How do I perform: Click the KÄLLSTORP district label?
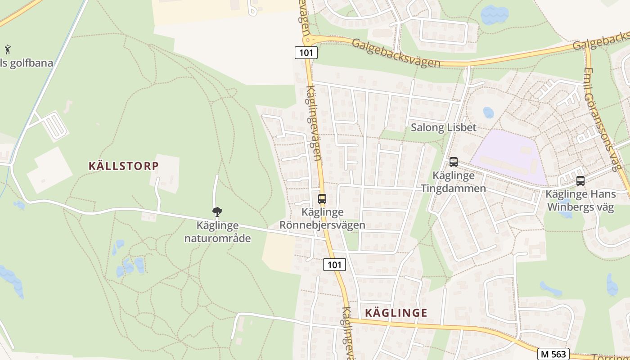124,166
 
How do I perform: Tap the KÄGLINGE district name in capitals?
396,313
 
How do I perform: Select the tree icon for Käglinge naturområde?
217,211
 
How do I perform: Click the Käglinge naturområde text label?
217,232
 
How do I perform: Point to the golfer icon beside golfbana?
8,49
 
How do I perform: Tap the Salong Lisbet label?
443,128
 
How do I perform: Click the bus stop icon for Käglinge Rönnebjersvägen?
322,198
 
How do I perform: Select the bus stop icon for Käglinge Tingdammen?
453,162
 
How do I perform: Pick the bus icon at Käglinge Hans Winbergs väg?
580,181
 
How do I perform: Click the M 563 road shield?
553,354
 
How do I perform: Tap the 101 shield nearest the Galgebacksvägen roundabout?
306,53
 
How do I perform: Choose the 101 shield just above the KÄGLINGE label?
335,265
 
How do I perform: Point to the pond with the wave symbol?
494,15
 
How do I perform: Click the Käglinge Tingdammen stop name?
453,182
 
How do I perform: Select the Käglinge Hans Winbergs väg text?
580,201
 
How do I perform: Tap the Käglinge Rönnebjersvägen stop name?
322,218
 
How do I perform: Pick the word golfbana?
29,63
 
